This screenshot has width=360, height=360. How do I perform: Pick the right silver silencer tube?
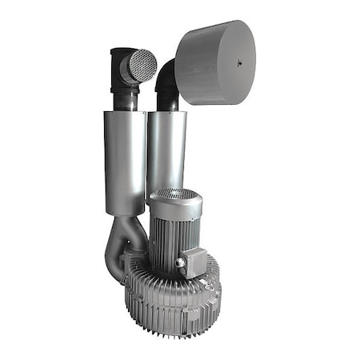click(x=166, y=148)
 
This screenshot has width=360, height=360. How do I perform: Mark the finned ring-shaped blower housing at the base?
click(x=172, y=300)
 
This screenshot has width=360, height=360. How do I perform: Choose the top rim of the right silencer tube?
click(x=166, y=113)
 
